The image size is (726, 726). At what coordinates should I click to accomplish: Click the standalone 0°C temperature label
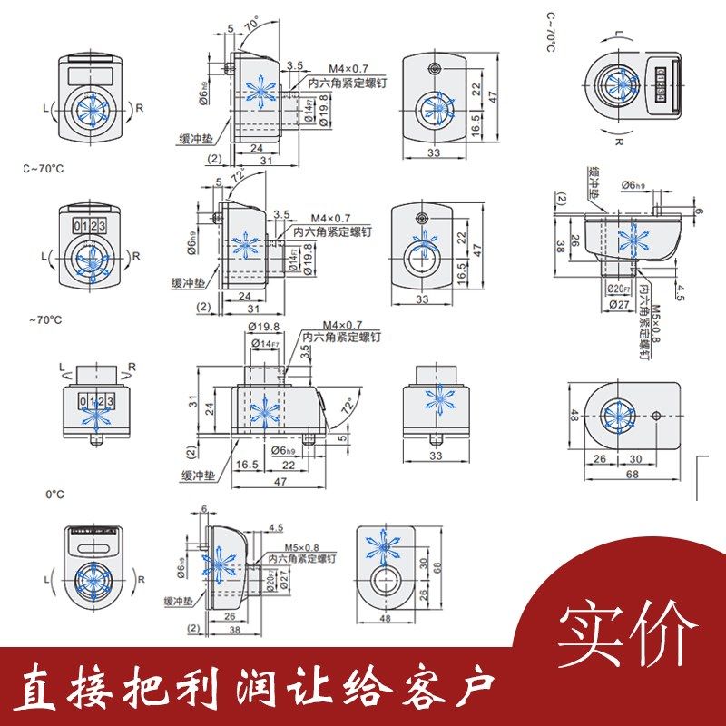(54, 494)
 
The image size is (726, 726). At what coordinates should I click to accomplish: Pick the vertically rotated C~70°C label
(550, 32)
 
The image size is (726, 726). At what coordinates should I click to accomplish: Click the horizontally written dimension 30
(635, 459)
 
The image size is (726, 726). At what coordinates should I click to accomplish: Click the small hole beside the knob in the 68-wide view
(655, 416)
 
